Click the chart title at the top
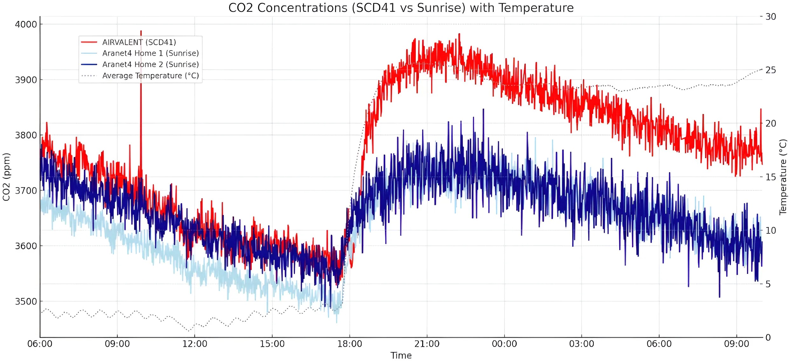401,8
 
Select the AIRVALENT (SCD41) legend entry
139,42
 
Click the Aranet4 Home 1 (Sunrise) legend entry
150,53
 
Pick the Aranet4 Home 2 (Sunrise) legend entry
150,64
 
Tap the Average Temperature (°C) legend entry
150,76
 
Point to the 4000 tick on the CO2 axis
26,24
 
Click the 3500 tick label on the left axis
26,301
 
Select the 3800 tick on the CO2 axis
26,135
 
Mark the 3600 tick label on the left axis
26,246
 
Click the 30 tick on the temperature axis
771,17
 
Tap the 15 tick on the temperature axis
771,177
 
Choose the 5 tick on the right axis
768,284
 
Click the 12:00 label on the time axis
195,344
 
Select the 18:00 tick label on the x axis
350,344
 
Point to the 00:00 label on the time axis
504,344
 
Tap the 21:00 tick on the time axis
427,344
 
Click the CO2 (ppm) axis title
6,177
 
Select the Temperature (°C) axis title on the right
783,177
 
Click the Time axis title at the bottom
401,356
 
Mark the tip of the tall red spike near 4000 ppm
141,31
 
